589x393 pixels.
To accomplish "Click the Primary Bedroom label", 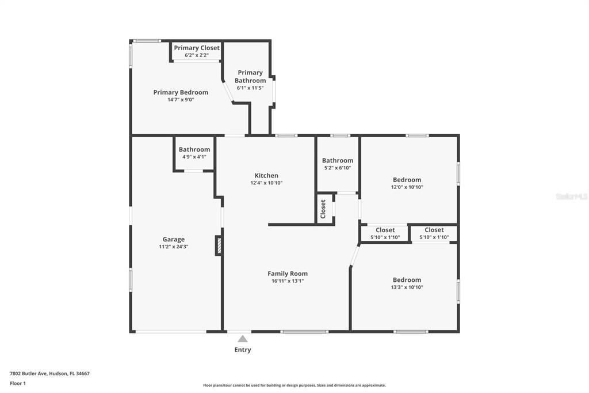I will coord(181,92).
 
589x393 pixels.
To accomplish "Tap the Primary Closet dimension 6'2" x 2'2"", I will coord(196,55).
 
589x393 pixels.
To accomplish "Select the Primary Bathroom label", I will coord(250,77).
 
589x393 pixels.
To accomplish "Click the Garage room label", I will coord(174,239).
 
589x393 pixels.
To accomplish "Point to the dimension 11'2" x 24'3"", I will coord(174,247).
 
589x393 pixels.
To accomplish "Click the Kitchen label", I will coord(266,176).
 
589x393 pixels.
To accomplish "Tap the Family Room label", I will coord(288,274).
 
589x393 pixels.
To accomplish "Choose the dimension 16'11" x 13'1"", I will coord(288,281).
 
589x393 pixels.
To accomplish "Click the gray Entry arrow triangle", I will coord(243,339).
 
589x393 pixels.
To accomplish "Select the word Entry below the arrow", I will coord(243,350).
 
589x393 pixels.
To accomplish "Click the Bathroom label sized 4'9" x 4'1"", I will coord(194,149).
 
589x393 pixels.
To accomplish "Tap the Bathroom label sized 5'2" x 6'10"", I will coord(338,160).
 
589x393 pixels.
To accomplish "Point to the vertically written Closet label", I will coord(323,208).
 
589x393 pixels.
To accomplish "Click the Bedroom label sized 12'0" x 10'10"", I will coord(407,180).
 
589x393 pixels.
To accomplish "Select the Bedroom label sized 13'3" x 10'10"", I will coord(407,280).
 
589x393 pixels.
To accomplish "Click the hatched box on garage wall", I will coord(219,245).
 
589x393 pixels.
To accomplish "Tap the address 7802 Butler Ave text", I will coord(49,373).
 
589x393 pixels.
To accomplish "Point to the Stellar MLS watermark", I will coord(572,197).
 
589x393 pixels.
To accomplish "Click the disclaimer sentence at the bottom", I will coord(294,386).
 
